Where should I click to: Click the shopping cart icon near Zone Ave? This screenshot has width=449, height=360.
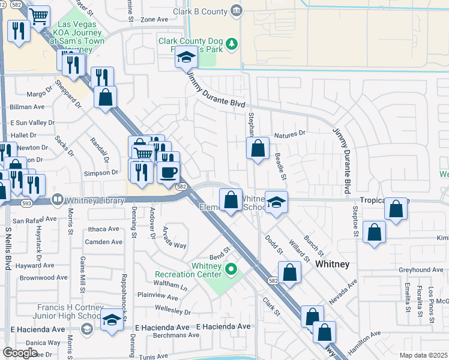click(39, 17)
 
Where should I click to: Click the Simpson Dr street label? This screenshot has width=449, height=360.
click(101, 172)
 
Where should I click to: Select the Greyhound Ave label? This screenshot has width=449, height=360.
click(420, 270)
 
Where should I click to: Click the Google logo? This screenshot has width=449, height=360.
click(20, 353)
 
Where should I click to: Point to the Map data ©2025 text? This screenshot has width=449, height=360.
click(423, 355)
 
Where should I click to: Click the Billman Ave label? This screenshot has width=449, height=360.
click(27, 107)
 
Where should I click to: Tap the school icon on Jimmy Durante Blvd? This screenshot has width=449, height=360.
click(186, 59)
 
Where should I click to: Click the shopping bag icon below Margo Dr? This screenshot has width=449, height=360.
click(105, 97)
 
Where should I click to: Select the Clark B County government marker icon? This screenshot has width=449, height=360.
click(237, 11)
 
